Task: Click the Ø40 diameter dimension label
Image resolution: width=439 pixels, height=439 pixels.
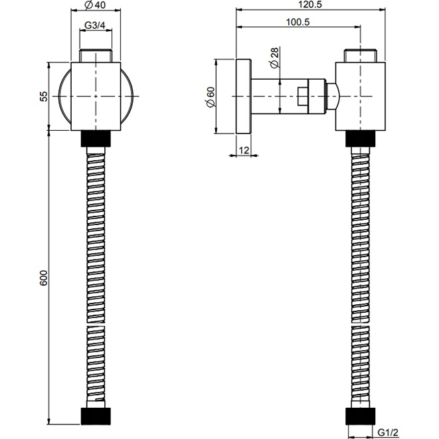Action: point(95,5)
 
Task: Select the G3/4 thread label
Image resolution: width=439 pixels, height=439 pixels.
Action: point(95,25)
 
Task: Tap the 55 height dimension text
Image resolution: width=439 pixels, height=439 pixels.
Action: point(44,96)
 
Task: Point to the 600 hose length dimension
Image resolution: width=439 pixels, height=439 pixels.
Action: point(44,278)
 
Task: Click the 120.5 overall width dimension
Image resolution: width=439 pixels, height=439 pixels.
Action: point(310,5)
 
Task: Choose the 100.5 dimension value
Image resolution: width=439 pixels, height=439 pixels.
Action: point(298,22)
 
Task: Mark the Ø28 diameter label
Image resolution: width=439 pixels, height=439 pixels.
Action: point(275,58)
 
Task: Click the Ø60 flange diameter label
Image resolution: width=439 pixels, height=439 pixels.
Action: point(211,97)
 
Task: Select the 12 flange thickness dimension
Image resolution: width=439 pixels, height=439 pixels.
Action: point(244,150)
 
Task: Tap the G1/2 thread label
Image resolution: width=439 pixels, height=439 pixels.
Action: point(388,432)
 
